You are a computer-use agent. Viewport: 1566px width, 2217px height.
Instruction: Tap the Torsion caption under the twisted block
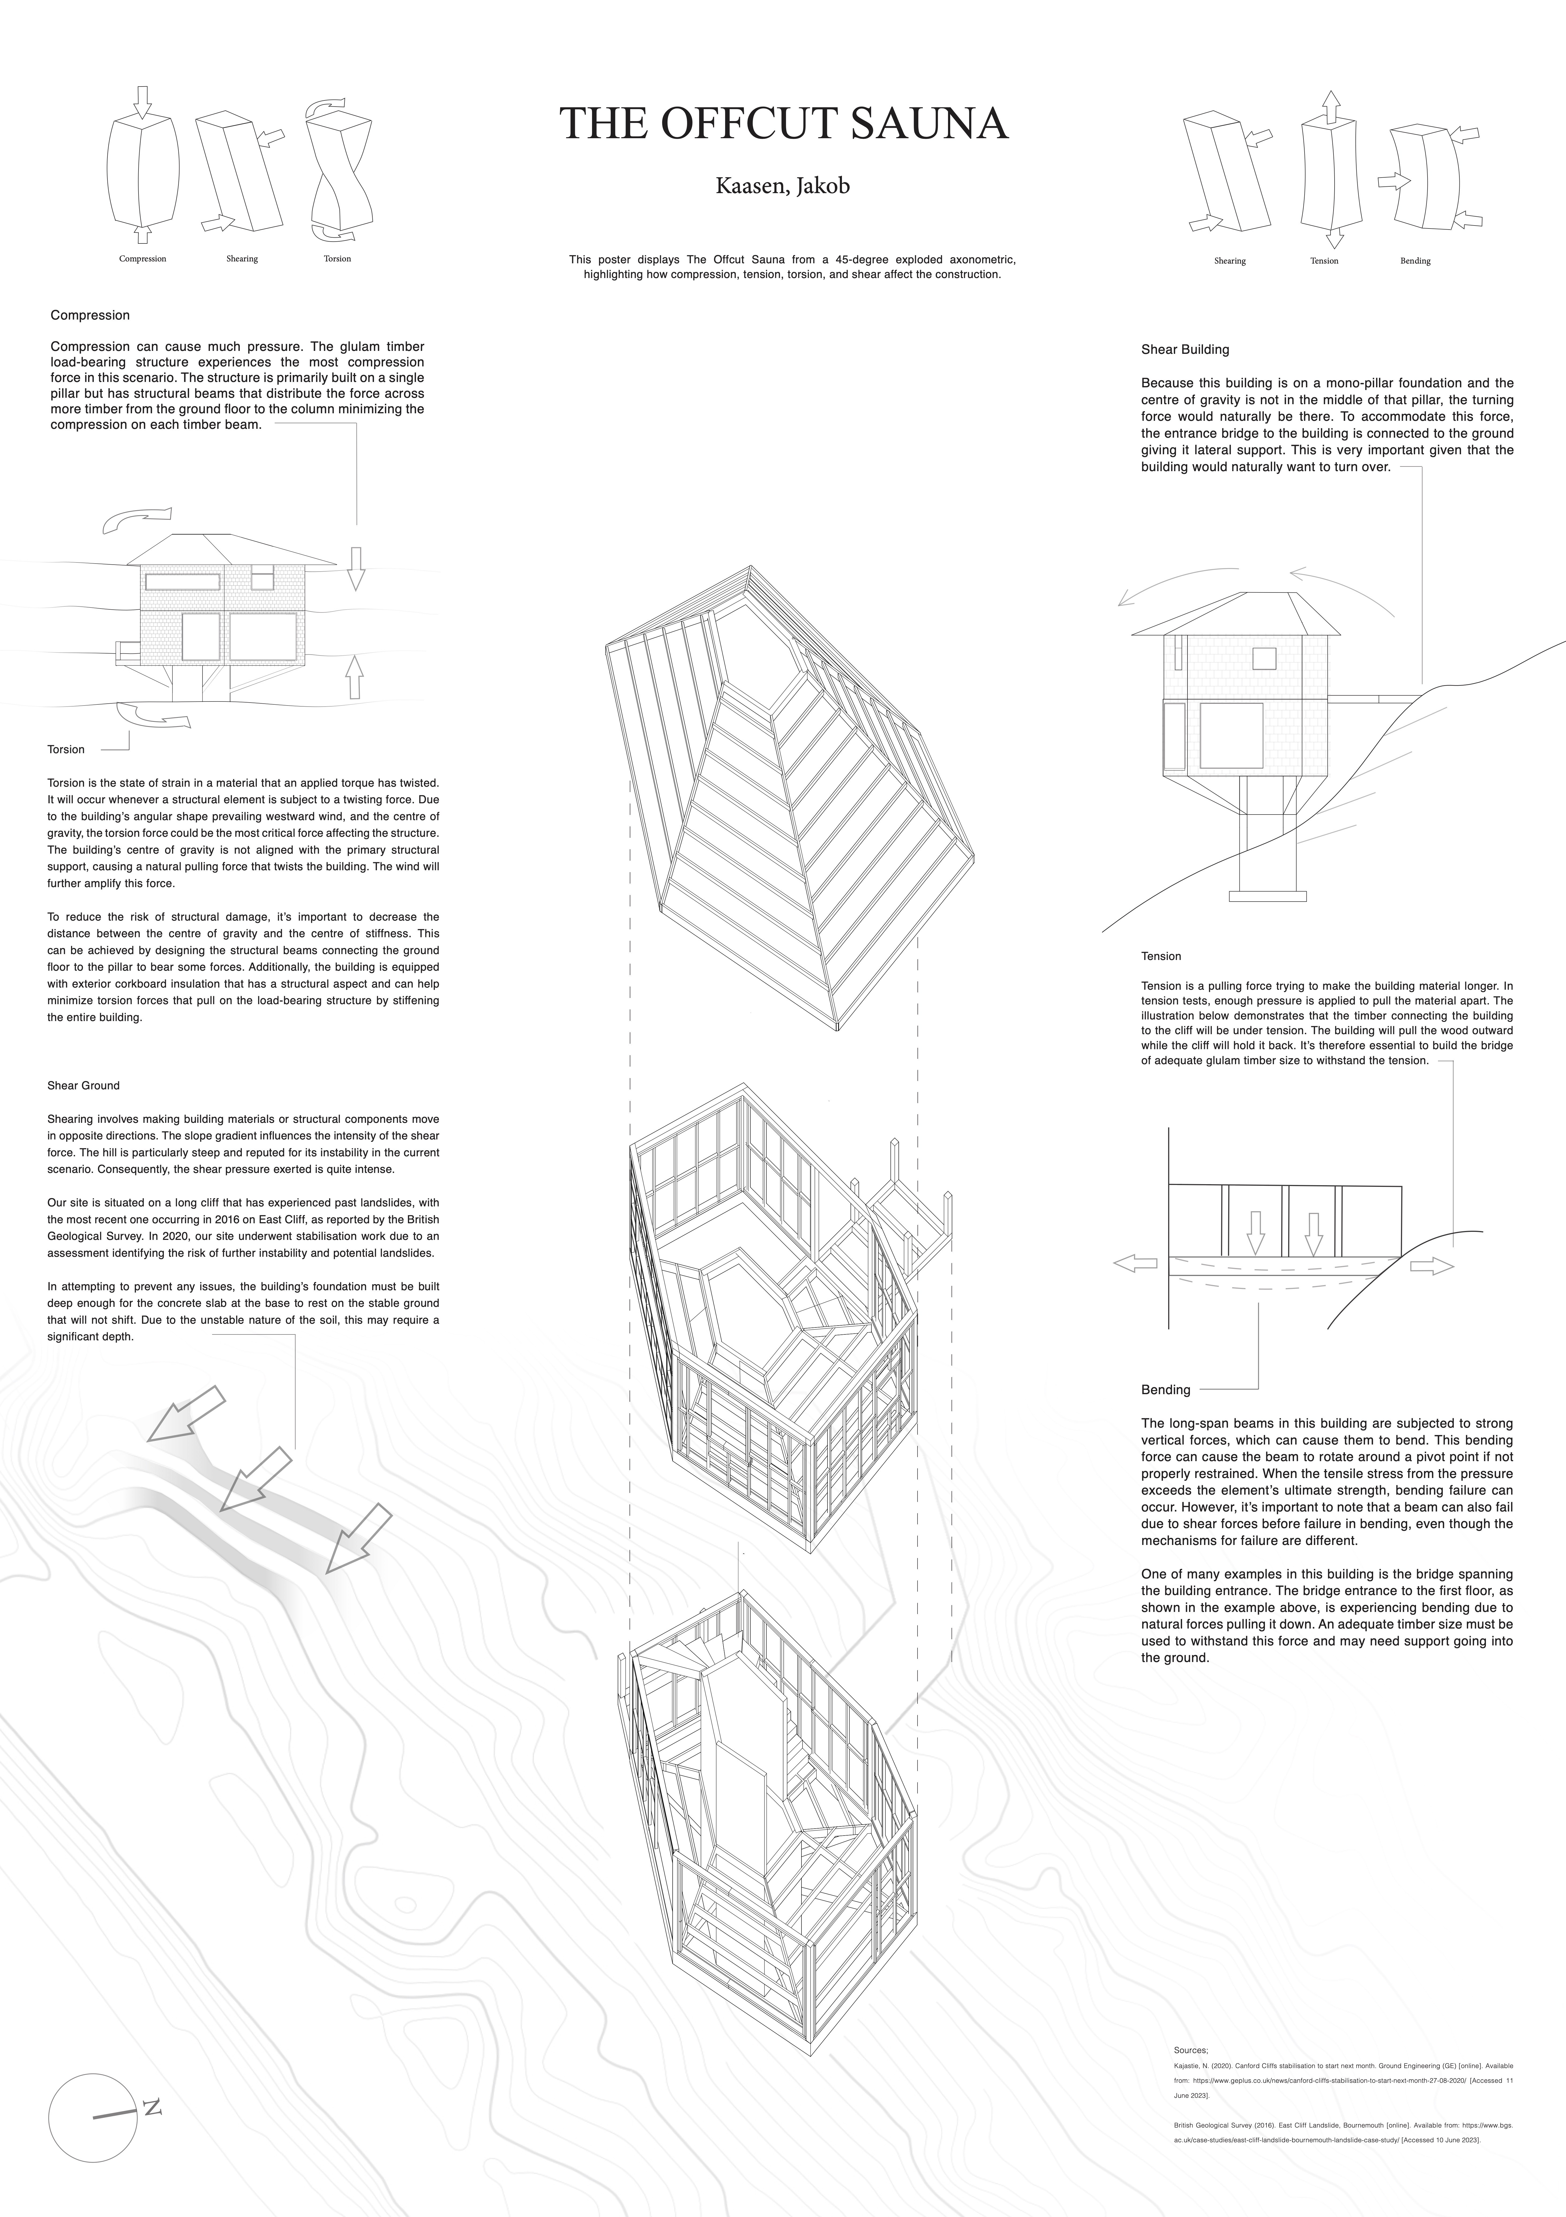click(x=337, y=259)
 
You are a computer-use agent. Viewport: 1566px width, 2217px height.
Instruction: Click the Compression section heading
click(x=90, y=315)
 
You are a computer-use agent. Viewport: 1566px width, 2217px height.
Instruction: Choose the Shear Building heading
click(x=1185, y=350)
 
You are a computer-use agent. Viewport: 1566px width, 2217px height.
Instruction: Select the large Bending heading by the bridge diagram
click(x=1165, y=1390)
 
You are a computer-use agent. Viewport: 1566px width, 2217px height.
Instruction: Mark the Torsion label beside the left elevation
click(x=66, y=749)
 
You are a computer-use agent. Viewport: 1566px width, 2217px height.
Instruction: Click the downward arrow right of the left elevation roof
click(x=355, y=568)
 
